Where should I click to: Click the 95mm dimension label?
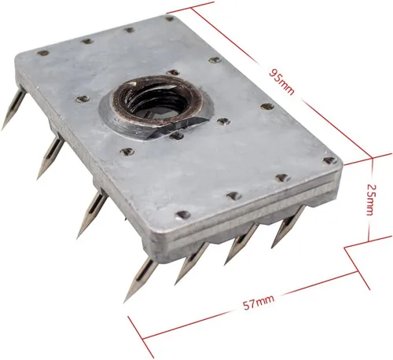[282, 82]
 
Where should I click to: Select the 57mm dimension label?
[259, 303]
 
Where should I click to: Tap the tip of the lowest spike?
[124, 303]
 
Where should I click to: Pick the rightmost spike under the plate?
[288, 226]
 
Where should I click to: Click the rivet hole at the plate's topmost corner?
[170, 19]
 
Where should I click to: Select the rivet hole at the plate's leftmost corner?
[43, 53]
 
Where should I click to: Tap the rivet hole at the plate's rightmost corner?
[330, 160]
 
